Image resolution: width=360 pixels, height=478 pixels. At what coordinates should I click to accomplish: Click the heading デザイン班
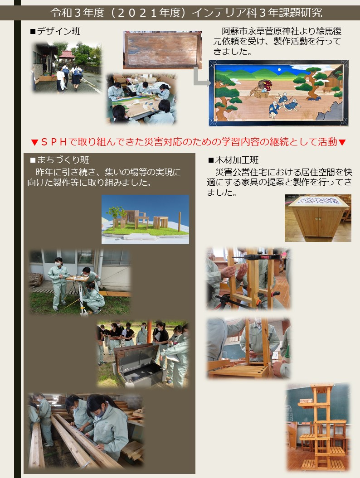pos(58,31)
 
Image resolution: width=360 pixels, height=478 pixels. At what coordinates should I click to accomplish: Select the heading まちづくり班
pos(63,160)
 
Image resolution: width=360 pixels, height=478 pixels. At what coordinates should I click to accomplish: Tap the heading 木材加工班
pos(237,160)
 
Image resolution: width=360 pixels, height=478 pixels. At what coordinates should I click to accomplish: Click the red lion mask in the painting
pos(265,85)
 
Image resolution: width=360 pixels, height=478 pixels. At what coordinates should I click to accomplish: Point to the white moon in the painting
pos(279,70)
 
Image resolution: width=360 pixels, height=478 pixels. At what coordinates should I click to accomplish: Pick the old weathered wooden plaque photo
pos(162,50)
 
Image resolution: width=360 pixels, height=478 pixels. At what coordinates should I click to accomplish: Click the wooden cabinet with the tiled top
pos(318,217)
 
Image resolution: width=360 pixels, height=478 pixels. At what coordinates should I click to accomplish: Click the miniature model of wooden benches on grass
pos(145,219)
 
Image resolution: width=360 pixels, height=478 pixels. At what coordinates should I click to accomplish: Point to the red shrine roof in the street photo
pos(67,54)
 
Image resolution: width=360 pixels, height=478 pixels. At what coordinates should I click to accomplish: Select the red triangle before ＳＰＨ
pos(34,142)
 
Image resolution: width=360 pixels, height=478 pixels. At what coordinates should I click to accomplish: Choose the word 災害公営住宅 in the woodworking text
pos(241,172)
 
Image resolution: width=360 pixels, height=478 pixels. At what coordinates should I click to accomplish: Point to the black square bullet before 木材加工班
pos(211,160)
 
